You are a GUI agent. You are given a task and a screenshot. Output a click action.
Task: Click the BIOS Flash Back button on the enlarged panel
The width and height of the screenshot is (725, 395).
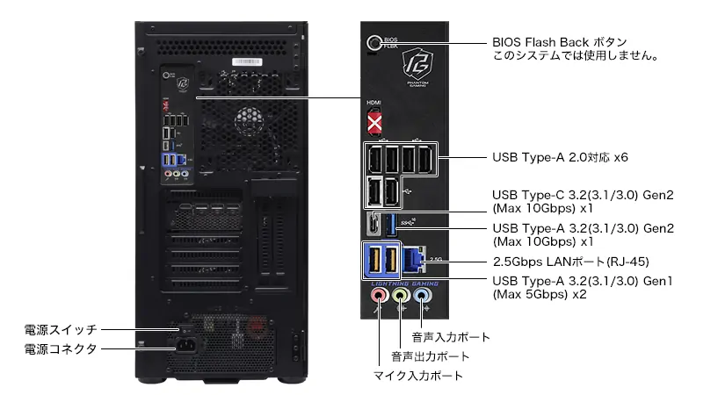click(x=373, y=43)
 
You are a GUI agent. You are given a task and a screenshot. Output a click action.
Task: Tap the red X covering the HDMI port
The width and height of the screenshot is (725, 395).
click(x=374, y=124)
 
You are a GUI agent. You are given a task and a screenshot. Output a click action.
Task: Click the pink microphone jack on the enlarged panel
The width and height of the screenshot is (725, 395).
click(x=379, y=294)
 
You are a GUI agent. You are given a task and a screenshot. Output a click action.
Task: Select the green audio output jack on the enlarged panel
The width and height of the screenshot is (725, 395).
click(x=400, y=294)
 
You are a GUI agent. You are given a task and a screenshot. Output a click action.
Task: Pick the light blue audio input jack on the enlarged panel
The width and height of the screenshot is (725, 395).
click(x=421, y=294)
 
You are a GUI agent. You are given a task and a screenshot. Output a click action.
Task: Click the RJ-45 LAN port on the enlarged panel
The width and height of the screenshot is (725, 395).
click(x=414, y=260)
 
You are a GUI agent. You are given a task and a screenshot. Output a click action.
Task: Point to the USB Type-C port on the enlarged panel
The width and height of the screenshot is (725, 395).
click(x=373, y=224)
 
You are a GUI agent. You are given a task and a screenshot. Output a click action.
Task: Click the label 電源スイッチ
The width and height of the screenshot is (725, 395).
click(x=61, y=330)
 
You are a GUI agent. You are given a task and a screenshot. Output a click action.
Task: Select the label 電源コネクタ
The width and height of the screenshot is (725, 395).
click(x=61, y=348)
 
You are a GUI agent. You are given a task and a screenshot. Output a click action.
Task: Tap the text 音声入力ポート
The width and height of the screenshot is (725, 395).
click(x=451, y=337)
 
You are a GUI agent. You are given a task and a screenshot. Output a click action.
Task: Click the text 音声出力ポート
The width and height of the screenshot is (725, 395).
click(x=431, y=356)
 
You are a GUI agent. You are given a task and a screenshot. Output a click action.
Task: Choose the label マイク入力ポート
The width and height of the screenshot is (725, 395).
click(x=418, y=376)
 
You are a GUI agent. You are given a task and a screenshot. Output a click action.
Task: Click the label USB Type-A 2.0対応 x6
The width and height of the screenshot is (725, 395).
click(x=561, y=157)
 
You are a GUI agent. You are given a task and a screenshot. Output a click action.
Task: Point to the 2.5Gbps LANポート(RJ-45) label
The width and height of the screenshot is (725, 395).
click(x=571, y=262)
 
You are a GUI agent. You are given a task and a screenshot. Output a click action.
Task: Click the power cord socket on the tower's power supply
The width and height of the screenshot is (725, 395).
click(x=186, y=346)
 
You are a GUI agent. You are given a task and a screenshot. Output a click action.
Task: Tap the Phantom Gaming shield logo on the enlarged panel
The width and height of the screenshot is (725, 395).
click(x=417, y=64)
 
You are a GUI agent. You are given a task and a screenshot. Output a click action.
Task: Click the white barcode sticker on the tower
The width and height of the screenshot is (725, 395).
click(x=247, y=62)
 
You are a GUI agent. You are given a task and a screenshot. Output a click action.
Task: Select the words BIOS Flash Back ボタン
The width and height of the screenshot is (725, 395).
click(x=560, y=42)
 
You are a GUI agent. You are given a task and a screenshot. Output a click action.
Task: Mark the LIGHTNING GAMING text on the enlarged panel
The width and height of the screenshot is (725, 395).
click(x=404, y=284)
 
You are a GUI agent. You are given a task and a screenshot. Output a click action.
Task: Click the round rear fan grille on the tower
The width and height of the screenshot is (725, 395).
click(x=250, y=121)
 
